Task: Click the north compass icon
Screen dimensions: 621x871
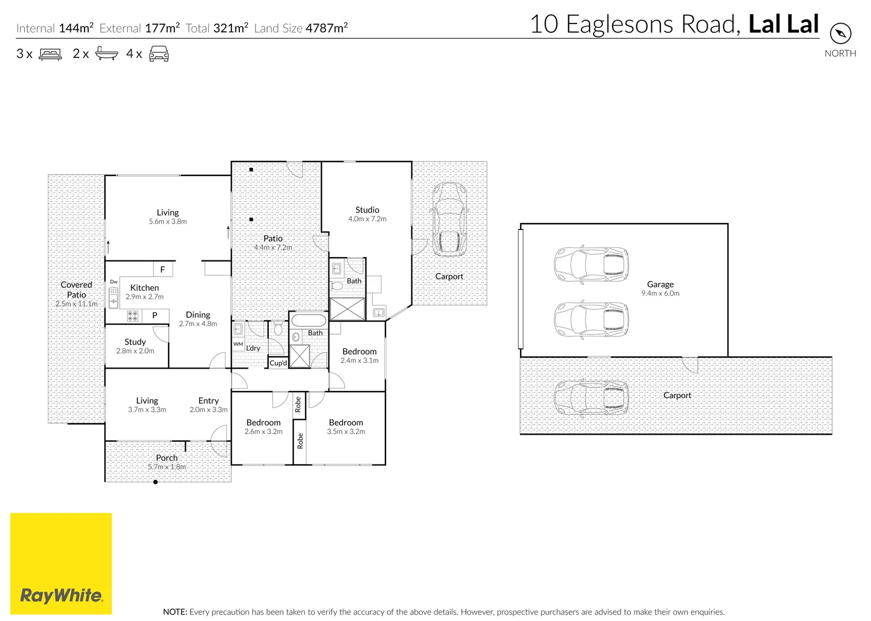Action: (840, 33)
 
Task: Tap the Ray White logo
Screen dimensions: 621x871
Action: (61, 563)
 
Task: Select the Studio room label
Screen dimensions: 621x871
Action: (367, 210)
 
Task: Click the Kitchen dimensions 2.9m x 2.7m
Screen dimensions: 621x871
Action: (144, 297)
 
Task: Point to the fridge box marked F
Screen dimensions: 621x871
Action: (163, 269)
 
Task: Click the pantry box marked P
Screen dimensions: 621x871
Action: (155, 315)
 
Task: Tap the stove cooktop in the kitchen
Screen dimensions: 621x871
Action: (132, 316)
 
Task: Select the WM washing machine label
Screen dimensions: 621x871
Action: (238, 344)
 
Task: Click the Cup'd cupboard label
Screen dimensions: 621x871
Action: (278, 363)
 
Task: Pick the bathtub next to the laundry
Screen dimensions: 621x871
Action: (308, 320)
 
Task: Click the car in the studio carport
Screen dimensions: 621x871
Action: (449, 219)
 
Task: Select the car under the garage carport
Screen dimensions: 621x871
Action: (591, 397)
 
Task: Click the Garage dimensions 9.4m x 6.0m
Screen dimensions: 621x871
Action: (660, 293)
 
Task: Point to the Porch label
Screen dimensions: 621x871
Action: (167, 458)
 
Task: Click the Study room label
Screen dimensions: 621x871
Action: (135, 342)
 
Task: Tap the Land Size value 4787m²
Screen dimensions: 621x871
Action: (326, 28)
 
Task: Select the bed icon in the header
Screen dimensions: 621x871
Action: (50, 54)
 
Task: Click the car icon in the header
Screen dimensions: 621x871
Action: (159, 54)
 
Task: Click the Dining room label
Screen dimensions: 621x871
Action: (198, 315)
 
